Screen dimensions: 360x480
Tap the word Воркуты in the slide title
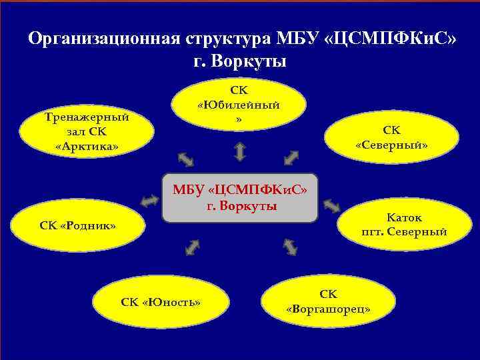coord(253,62)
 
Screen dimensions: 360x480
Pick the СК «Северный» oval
coord(391,137)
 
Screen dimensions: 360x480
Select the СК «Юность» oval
coord(161,302)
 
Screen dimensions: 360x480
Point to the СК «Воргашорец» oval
coord(328,302)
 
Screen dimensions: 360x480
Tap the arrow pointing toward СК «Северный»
coord(291,157)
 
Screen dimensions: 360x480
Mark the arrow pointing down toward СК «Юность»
coord(192,247)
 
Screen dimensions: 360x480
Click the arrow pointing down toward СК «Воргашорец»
coord(290,246)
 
